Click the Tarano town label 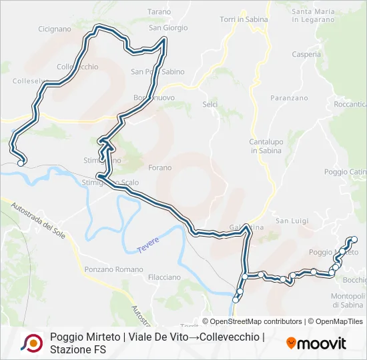pyautogui.click(x=159, y=12)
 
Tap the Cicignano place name pyautogui.click(x=55, y=29)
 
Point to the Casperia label pyautogui.click(x=306, y=55)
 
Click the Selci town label pyautogui.click(x=210, y=105)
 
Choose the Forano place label pyautogui.click(x=159, y=167)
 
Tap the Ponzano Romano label pyautogui.click(x=113, y=269)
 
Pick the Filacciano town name pyautogui.click(x=164, y=277)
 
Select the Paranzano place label pyautogui.click(x=289, y=98)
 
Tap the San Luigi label pyautogui.click(x=291, y=221)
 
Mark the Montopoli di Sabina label pyautogui.click(x=348, y=300)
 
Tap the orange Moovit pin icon pyautogui.click(x=291, y=343)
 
